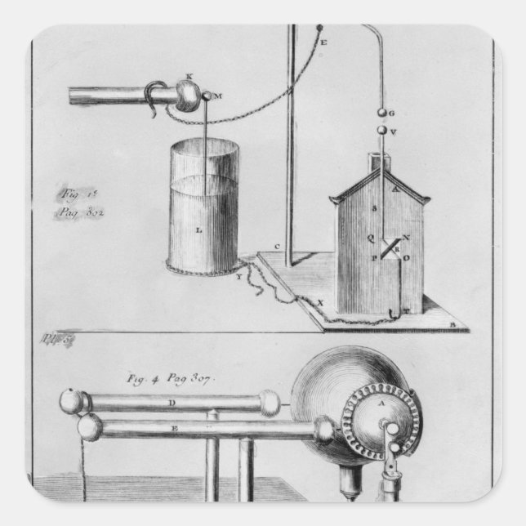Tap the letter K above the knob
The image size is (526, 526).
point(189,78)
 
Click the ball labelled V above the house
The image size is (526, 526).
point(381,129)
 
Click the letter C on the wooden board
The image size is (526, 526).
point(279,247)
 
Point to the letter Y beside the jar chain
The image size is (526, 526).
point(238,276)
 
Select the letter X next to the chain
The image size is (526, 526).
point(319,301)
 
